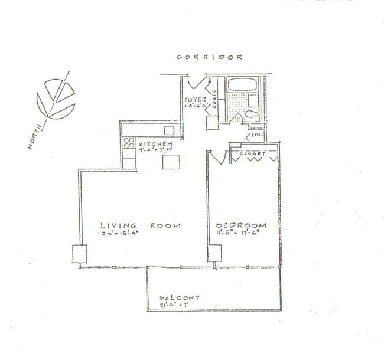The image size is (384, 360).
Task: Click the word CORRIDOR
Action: (210, 57)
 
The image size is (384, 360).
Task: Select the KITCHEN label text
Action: (156, 144)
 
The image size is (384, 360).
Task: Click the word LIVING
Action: (119, 225)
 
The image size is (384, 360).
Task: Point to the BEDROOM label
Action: (241, 225)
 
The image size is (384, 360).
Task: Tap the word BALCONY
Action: (180, 298)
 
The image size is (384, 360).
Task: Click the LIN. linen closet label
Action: (257, 136)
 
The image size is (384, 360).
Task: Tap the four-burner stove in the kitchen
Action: (128, 143)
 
